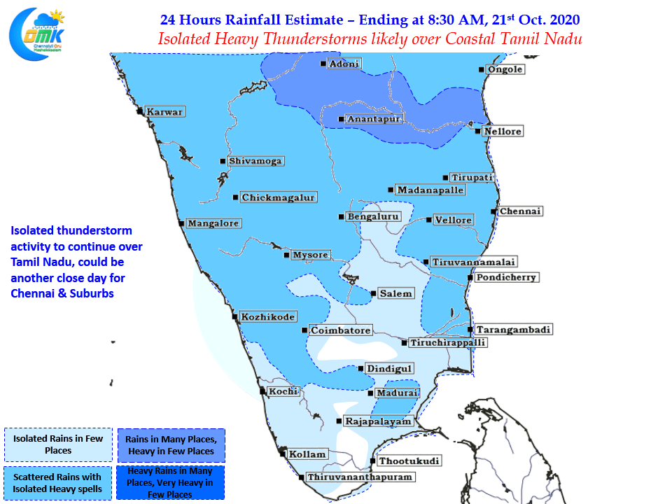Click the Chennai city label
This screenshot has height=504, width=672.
click(520, 211)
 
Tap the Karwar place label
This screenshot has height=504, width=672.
click(164, 112)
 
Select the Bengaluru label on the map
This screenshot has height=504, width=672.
click(373, 217)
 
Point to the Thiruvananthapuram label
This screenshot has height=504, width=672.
click(360, 477)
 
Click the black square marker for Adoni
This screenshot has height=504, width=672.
click(323, 64)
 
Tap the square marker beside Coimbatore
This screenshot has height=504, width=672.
click(304, 330)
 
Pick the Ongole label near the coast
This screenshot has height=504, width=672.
click(505, 69)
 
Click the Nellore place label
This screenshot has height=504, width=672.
click(503, 131)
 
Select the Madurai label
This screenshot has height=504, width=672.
click(397, 393)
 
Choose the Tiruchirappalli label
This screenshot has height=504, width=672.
click(448, 343)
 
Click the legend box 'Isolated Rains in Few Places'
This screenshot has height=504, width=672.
click(58, 444)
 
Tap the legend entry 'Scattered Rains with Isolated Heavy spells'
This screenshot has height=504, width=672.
click(57, 483)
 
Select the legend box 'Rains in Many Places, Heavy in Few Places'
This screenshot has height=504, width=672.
click(171, 445)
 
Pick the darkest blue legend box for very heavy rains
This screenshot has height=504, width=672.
click(170, 482)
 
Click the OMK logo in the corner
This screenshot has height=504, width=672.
click(37, 34)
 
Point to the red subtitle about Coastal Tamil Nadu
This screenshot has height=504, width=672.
click(370, 39)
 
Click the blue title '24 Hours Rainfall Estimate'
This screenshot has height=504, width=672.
click(251, 20)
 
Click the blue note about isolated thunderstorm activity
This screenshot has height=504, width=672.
click(76, 262)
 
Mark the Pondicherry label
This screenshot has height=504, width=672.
click(506, 277)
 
